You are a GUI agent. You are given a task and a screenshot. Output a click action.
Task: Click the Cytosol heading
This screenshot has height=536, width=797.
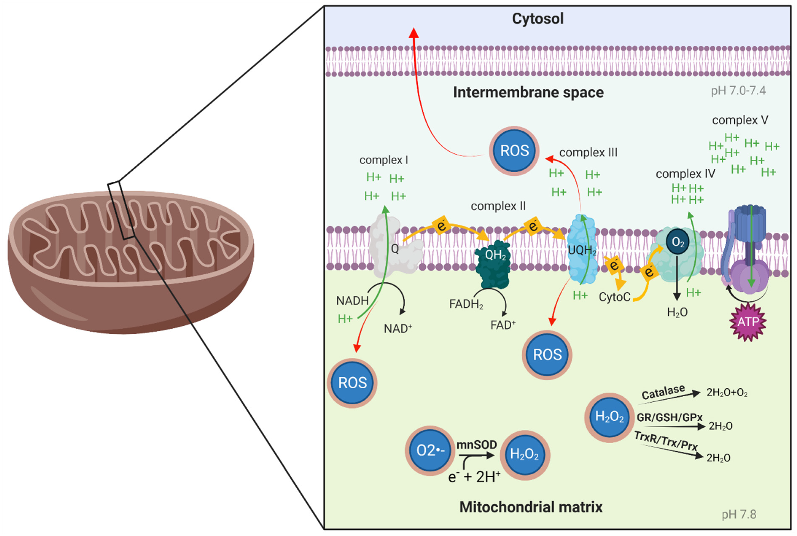537,19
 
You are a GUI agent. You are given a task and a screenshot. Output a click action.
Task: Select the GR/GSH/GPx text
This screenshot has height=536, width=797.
669,417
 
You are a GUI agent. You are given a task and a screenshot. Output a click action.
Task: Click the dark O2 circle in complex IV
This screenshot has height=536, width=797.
678,242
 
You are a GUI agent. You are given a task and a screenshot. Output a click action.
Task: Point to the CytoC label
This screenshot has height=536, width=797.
614,297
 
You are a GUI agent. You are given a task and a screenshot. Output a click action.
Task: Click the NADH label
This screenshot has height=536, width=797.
352,301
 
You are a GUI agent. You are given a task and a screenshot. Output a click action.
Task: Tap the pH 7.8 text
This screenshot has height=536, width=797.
739,514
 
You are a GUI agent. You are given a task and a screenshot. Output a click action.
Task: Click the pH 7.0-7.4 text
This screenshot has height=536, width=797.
738,90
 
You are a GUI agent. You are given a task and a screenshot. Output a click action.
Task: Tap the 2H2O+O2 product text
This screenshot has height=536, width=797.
727,392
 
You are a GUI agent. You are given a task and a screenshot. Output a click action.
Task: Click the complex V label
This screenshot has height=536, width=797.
740,120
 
